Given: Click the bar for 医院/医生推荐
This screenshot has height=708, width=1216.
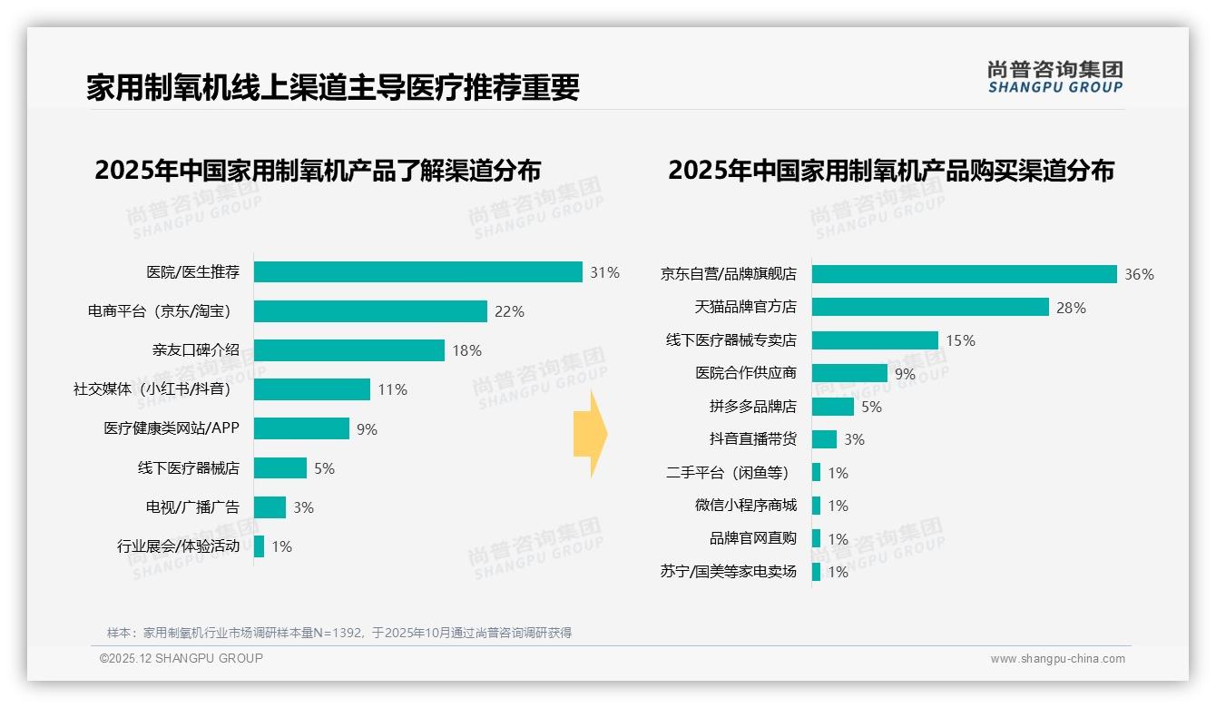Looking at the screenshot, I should point(417,272).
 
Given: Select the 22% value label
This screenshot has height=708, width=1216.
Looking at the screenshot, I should point(509,311).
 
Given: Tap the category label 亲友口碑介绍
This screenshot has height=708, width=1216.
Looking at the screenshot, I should point(195,350).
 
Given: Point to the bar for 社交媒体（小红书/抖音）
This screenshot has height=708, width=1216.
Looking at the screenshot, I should point(311,389).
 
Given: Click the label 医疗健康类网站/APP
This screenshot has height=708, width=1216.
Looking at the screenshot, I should point(172,428).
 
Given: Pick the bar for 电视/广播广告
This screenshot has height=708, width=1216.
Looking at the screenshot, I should point(270,507).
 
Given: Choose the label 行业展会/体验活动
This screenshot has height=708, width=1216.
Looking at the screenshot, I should point(178,546).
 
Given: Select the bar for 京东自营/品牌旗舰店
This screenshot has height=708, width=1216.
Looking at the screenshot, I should point(964,274).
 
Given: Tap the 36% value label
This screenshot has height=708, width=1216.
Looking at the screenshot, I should point(1139,274).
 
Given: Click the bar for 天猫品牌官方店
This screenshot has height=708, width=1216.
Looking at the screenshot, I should point(930,307).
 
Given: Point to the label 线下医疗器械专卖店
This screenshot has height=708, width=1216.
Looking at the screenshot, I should point(731,340).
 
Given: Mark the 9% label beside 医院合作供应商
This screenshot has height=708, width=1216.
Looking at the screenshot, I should point(905,373).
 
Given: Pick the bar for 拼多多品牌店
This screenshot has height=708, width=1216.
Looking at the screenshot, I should point(832,407).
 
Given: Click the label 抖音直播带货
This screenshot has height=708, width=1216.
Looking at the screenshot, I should point(752,439).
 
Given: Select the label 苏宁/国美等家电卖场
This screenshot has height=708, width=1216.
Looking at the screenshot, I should point(728,572).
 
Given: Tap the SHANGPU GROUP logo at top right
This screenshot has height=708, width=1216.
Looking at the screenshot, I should point(1054,77).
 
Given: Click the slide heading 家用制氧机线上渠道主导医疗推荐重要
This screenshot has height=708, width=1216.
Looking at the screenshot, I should point(332,88).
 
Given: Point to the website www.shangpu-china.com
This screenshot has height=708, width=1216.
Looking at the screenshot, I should point(1057,659).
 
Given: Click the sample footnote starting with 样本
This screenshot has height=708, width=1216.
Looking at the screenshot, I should point(339,633).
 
